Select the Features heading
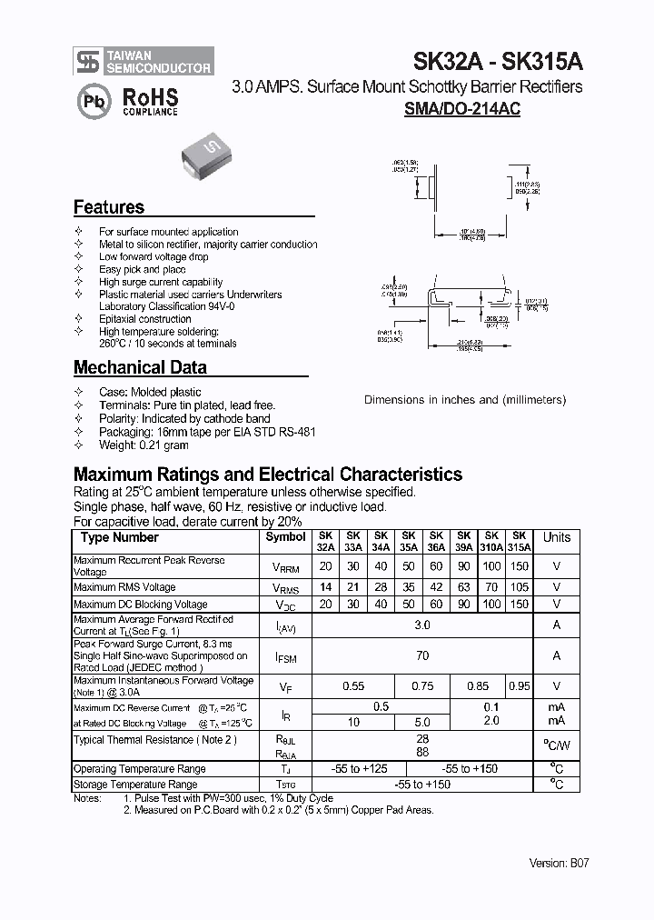click(x=109, y=207)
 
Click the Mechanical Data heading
click(x=140, y=368)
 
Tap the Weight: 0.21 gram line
click(x=144, y=445)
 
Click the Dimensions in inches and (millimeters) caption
click(x=465, y=400)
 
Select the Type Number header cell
click(x=120, y=538)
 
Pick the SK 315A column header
click(x=520, y=542)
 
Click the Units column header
click(x=557, y=538)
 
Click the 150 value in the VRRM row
click(x=520, y=565)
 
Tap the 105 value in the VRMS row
click(x=520, y=586)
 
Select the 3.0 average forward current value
click(x=422, y=625)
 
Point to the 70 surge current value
click(x=422, y=655)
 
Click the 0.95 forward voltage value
click(x=520, y=687)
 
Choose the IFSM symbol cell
click(x=285, y=656)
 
